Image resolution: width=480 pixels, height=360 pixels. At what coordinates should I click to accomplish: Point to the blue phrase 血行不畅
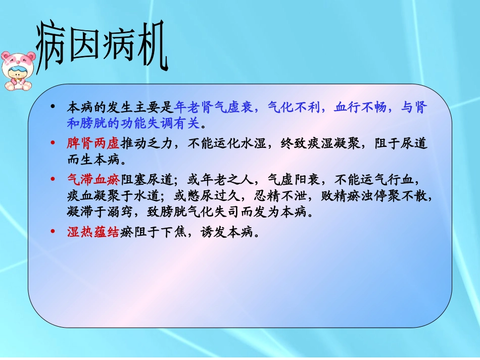(360, 108)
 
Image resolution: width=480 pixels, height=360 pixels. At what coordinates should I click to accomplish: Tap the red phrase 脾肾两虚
(93, 144)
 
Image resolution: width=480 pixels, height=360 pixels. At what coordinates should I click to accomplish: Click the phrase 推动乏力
(145, 144)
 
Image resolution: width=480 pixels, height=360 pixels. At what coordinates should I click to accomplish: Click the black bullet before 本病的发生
(54, 108)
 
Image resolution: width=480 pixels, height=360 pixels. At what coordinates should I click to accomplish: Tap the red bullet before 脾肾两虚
(54, 144)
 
